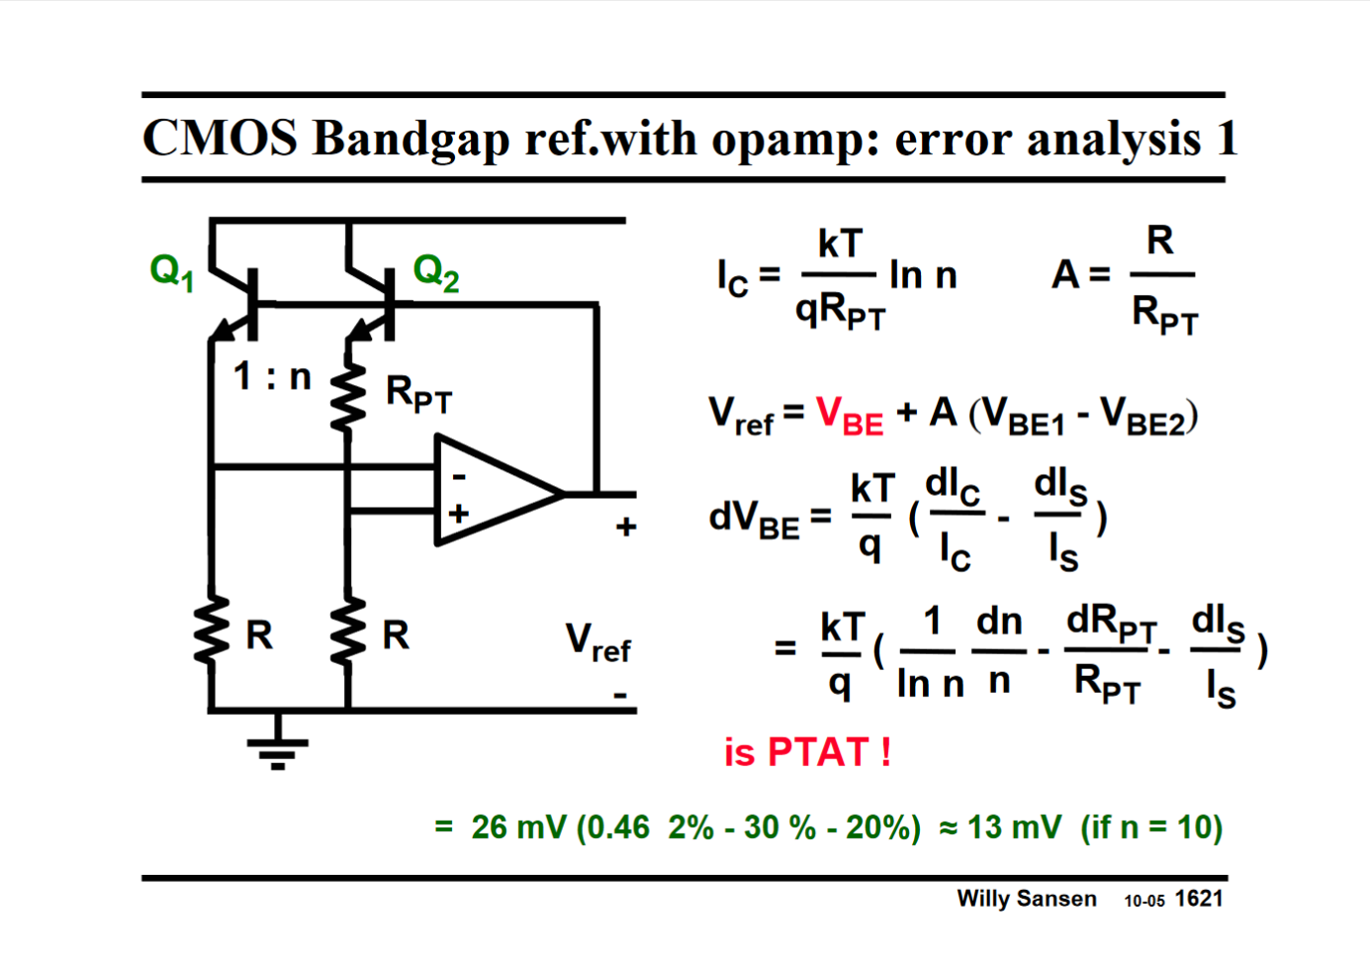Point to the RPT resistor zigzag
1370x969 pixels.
[348, 396]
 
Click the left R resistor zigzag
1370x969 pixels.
[211, 631]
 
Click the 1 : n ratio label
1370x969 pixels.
[272, 376]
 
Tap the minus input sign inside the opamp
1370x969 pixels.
[458, 477]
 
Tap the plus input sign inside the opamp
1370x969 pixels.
[458, 514]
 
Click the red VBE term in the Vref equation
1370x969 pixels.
[849, 415]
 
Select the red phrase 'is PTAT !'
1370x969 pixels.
[807, 752]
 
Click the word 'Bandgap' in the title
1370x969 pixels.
[411, 138]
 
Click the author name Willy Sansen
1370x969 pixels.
[1026, 899]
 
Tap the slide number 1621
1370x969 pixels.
[1199, 899]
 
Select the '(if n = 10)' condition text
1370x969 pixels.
[1151, 826]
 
